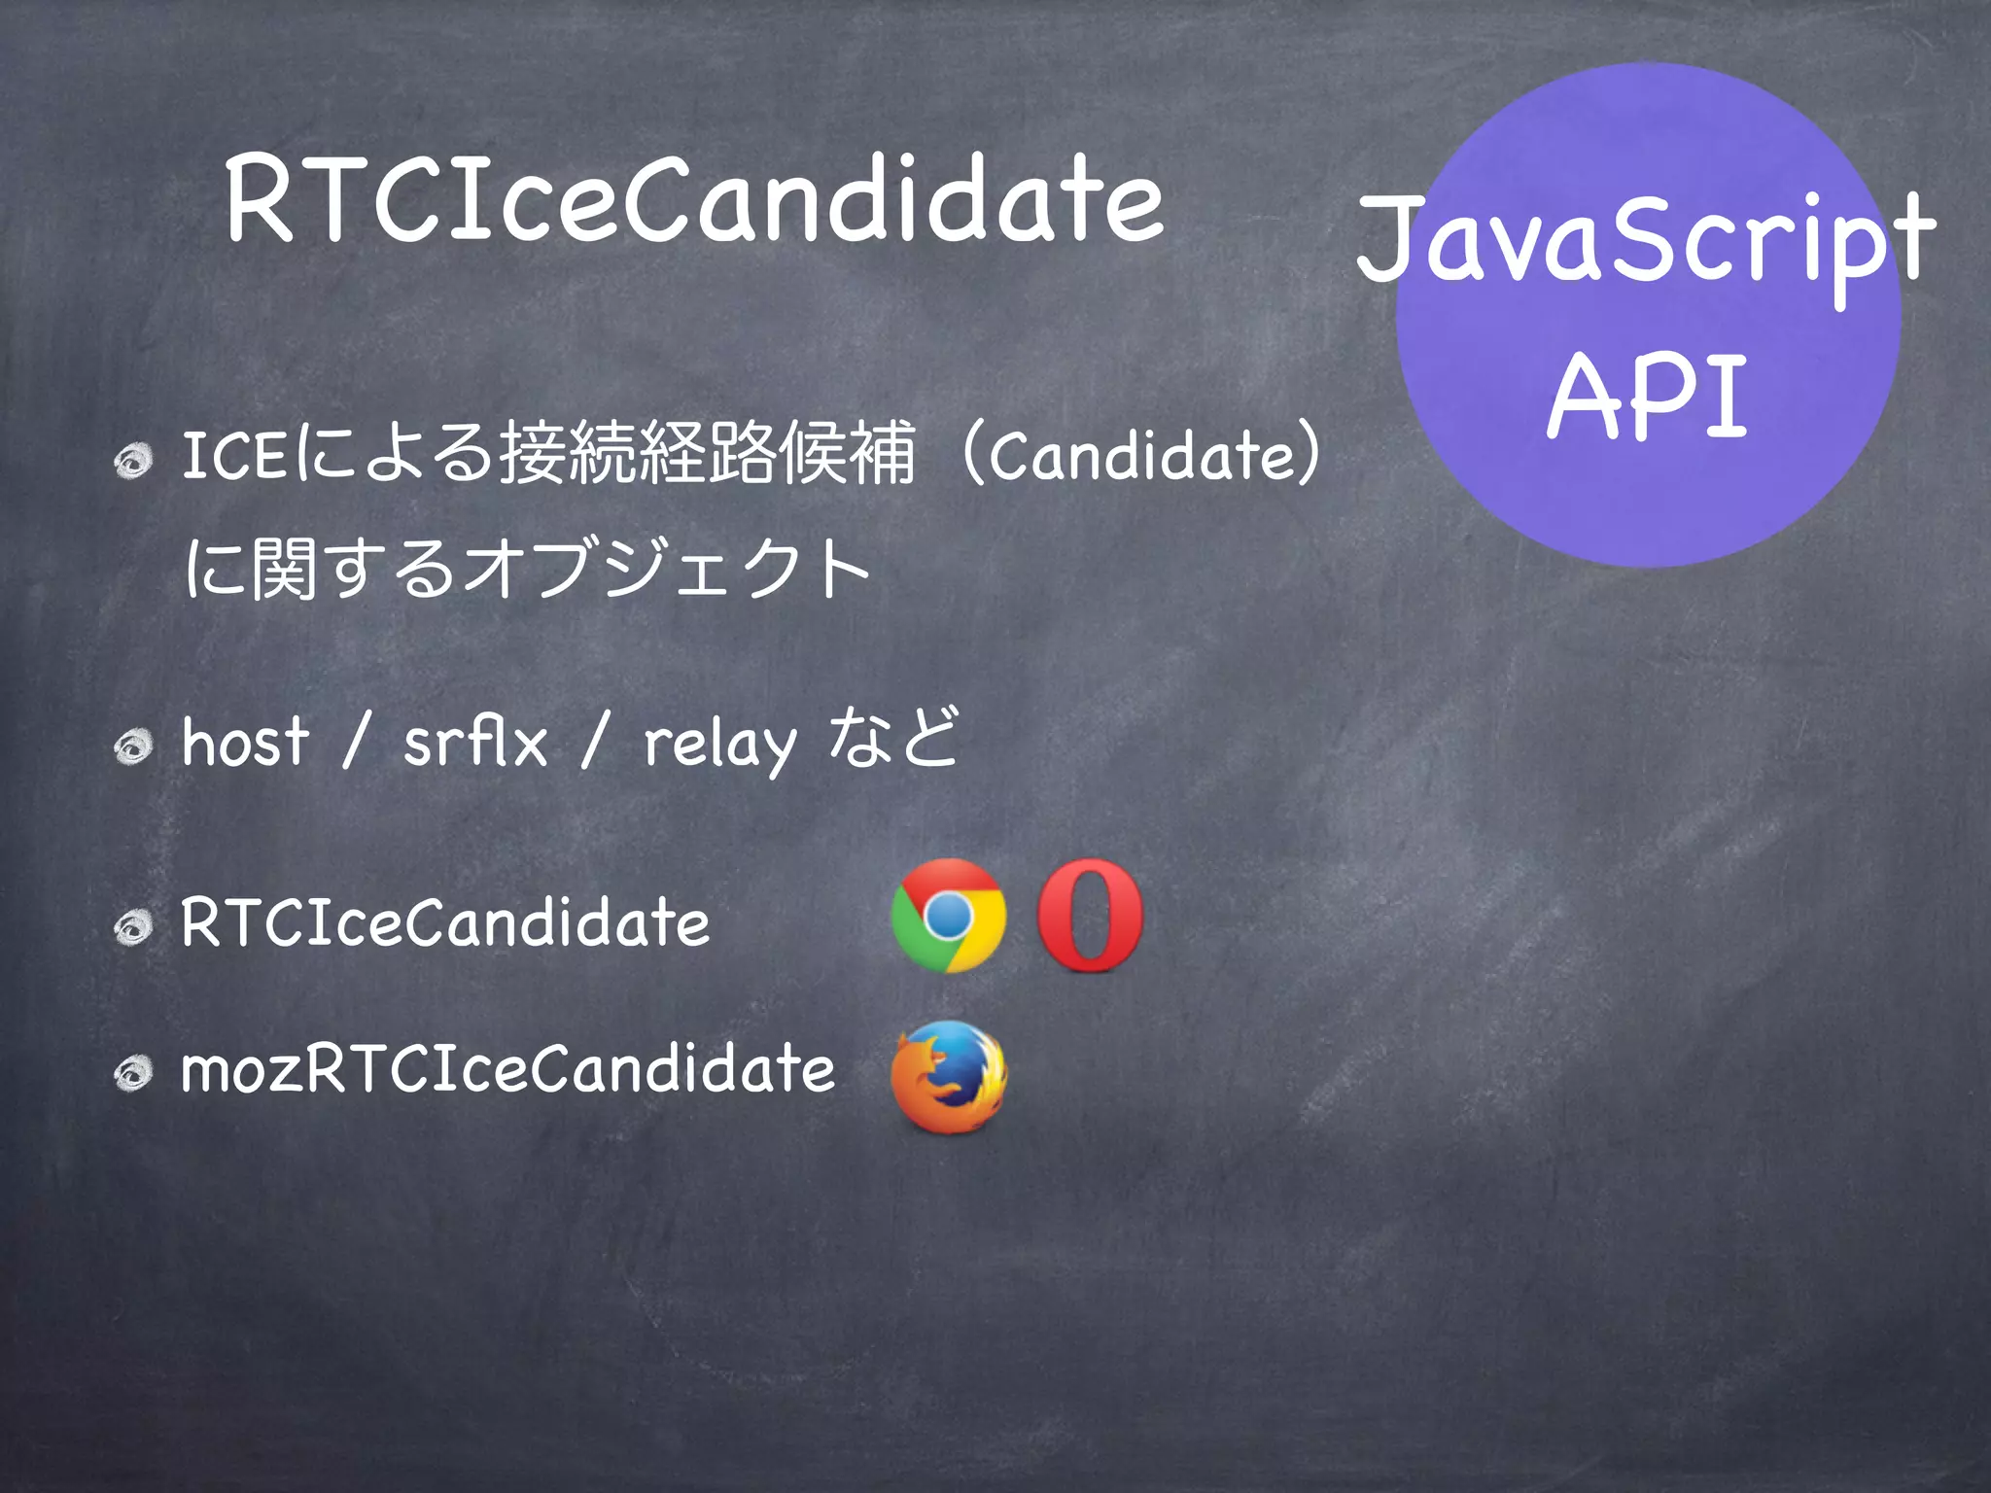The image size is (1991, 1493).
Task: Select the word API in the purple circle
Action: point(1649,397)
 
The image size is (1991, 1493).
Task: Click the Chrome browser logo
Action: point(948,916)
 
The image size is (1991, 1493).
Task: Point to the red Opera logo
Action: point(1090,916)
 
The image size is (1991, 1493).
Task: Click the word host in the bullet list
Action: point(246,743)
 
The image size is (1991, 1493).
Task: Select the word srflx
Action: point(475,743)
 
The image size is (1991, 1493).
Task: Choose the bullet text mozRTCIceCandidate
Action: point(507,1069)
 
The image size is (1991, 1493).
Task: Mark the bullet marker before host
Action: point(132,746)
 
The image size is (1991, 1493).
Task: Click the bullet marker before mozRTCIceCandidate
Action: point(132,1073)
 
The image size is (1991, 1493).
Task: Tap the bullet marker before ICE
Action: point(132,461)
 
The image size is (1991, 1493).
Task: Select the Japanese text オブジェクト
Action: point(667,570)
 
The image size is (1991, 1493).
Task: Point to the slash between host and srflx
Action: point(356,743)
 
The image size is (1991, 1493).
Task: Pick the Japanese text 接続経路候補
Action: point(708,453)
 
